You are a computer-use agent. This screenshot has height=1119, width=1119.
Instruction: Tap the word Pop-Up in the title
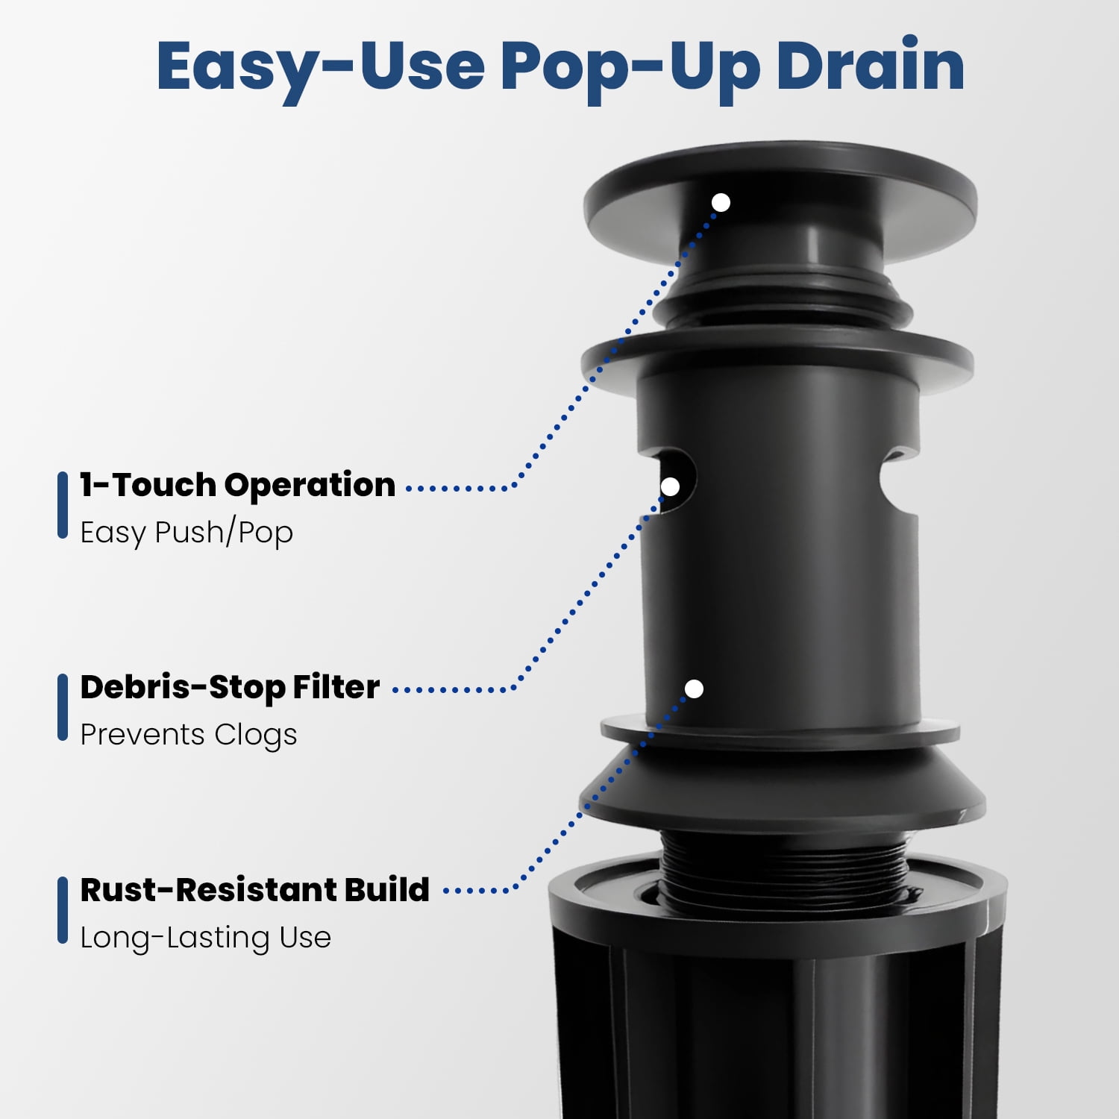627,69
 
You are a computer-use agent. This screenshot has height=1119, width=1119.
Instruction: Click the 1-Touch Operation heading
237,485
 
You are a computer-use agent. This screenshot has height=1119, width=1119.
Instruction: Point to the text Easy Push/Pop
186,533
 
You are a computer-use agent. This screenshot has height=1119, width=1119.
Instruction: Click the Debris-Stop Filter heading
230,687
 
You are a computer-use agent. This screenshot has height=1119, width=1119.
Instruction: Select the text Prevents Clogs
188,735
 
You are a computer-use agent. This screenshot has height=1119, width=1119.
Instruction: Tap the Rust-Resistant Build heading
254,889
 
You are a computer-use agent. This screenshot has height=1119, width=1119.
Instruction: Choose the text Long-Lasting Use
205,938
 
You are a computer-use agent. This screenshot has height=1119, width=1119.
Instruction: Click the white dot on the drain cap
721,202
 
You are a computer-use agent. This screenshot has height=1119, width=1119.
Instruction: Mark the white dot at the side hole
670,486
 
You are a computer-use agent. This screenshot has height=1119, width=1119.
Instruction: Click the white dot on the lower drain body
694,689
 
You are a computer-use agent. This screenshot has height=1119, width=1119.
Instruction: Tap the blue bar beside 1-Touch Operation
63,505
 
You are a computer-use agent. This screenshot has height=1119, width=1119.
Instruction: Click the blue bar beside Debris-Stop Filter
63,707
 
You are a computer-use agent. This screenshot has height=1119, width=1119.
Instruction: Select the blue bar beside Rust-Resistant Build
63,910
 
